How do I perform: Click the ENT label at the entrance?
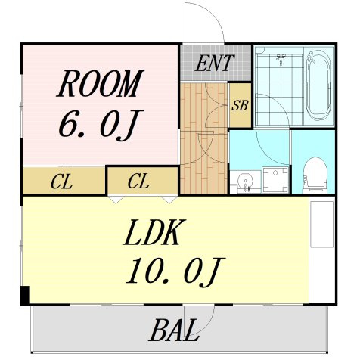(215, 63)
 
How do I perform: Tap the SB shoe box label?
(240, 105)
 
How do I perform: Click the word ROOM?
(100, 84)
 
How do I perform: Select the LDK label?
(155, 232)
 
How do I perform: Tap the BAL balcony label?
(174, 330)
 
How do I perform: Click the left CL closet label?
(61, 182)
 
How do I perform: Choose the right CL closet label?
(138, 181)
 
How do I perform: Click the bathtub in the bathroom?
(318, 85)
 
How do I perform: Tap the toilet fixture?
(315, 175)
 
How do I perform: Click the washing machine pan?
(275, 180)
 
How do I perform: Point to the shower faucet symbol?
(281, 58)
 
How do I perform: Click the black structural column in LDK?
(25, 296)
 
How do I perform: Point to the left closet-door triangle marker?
(116, 200)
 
